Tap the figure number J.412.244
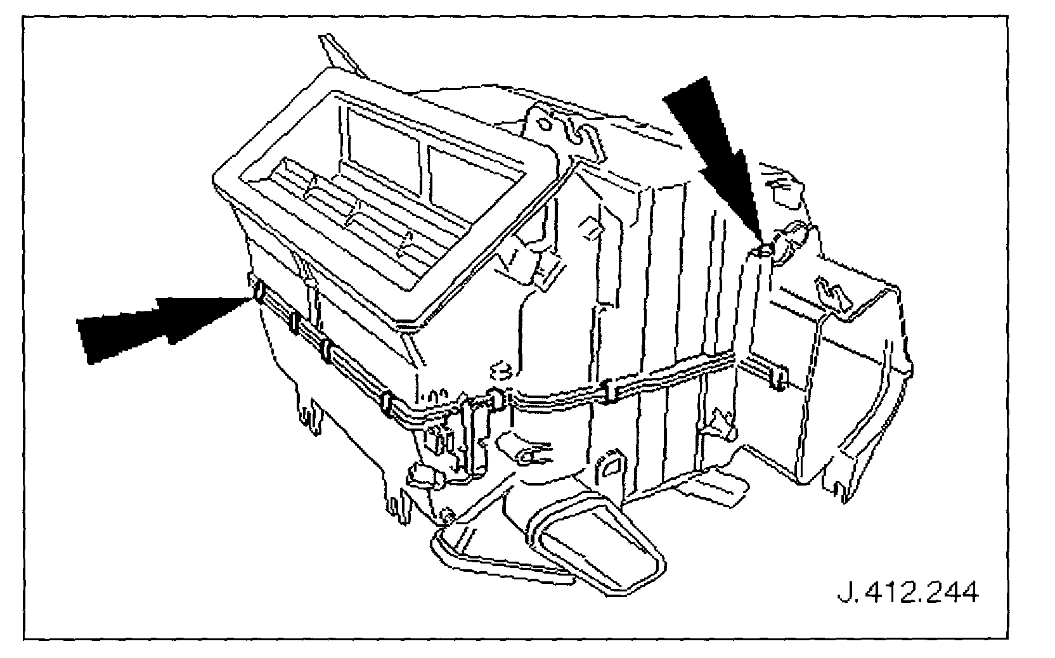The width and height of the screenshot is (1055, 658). pos(907,594)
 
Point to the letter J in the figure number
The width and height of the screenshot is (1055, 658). pos(846,594)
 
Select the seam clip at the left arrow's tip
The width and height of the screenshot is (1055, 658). pos(259,293)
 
